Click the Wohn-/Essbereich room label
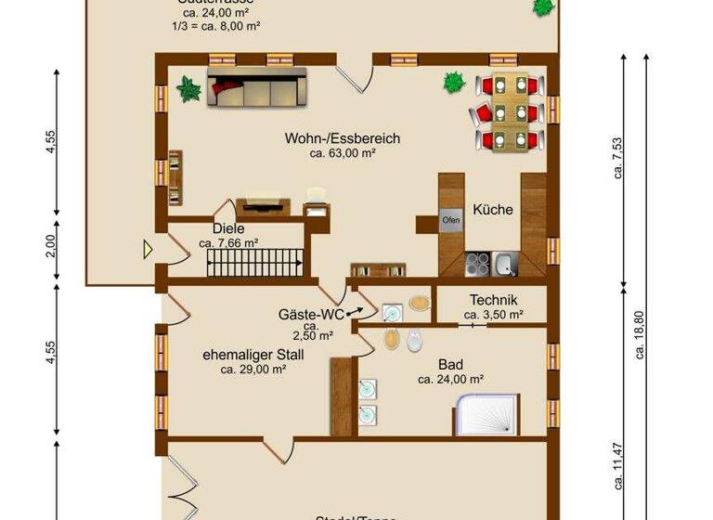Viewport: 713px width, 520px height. (x=343, y=138)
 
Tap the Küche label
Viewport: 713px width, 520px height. (x=492, y=210)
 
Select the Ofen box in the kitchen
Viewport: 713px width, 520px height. (x=451, y=221)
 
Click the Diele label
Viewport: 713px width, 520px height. (x=228, y=228)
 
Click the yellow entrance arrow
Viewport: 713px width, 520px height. (x=148, y=248)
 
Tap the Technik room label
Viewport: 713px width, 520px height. (x=493, y=300)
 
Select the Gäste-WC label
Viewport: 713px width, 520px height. (x=311, y=313)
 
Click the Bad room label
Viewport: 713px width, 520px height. (x=451, y=364)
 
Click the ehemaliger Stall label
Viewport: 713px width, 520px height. (x=253, y=354)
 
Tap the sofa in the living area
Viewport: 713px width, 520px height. (x=256, y=90)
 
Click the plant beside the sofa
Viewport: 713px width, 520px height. (x=188, y=89)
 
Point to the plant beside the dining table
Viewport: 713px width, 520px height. (x=454, y=82)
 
